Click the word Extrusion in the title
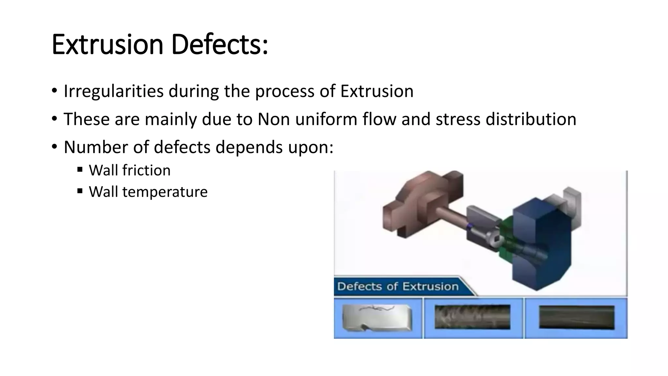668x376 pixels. point(107,45)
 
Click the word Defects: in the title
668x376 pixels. point(219,45)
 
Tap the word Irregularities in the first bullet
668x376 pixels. point(114,91)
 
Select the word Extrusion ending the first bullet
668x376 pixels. point(377,91)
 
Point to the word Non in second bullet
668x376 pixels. point(274,119)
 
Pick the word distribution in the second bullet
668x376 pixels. point(531,119)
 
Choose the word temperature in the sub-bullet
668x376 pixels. point(165,192)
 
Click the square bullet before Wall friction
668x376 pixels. point(80,169)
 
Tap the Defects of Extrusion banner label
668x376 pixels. point(398,287)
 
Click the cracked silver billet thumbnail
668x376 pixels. point(377,318)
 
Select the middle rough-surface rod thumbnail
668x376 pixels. point(472,317)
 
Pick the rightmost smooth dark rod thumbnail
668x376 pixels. point(576,317)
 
